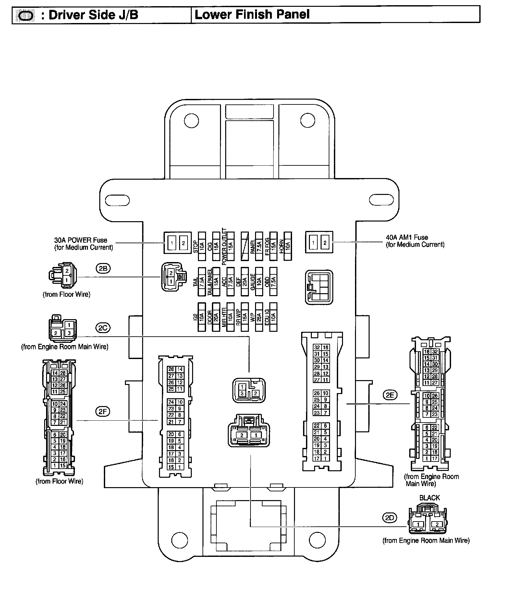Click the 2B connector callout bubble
[103, 269]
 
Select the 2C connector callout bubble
[103, 328]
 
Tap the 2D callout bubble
[389, 518]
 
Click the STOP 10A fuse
[202, 246]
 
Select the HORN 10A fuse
[288, 246]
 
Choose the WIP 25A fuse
[259, 317]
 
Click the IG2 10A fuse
[202, 317]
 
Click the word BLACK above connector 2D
[429, 498]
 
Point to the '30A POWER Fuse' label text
[81, 240]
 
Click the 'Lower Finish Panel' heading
[252, 15]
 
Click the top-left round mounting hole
[191, 121]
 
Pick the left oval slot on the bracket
[117, 200]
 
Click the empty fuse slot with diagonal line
[245, 246]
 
